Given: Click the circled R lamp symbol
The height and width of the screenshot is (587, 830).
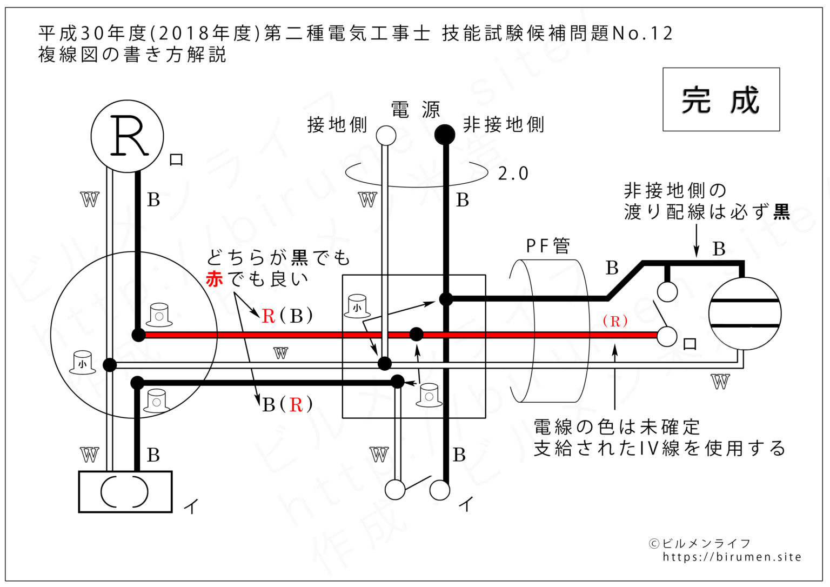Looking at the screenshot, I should point(127,136).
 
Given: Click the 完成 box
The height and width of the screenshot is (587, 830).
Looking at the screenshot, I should point(721,99).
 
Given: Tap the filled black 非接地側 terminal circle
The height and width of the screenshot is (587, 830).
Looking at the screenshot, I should point(445,135).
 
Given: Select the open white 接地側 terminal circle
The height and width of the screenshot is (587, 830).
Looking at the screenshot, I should point(386,135).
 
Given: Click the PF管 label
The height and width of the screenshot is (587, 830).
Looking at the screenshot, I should point(547,246).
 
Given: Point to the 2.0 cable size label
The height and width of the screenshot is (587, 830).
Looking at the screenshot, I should point(513,174).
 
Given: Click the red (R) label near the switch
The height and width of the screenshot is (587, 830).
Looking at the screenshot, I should point(615,321).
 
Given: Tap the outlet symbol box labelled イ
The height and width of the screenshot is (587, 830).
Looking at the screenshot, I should point(125,491).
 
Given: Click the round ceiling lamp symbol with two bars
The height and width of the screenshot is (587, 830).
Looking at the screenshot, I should point(745,313).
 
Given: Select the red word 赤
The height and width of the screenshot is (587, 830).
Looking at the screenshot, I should point(215,279).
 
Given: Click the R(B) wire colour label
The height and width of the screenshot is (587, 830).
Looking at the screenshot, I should point(287,316).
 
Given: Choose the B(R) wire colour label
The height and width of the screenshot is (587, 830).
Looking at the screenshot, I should point(287,404).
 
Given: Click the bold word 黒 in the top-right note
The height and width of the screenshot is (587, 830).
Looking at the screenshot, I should point(781,212).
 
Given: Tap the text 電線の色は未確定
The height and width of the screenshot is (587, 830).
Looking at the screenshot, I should point(617,427).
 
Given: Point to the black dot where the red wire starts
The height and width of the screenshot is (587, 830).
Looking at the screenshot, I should point(138,335).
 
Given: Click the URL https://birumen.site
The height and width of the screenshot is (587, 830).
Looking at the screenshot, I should point(732,557).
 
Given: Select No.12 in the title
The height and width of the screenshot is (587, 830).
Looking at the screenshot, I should point(642,34).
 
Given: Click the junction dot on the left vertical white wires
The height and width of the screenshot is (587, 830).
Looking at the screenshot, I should point(110,365).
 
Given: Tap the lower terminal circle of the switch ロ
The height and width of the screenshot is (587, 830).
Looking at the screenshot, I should point(667,336).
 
